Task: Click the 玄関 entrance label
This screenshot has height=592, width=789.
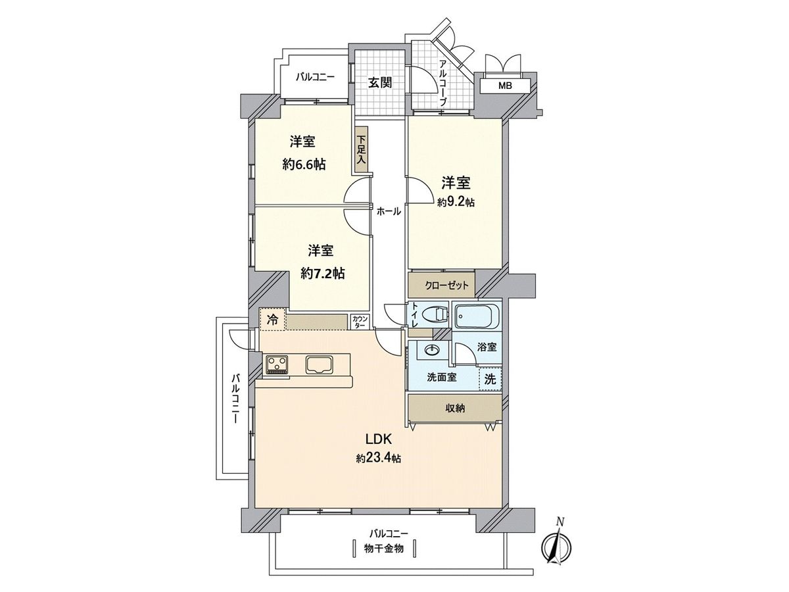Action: (380, 83)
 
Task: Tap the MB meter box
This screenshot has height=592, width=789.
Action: (504, 86)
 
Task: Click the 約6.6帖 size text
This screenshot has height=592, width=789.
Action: (304, 164)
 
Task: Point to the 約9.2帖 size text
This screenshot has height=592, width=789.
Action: (456, 202)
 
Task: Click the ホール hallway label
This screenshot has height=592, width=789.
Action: (389, 211)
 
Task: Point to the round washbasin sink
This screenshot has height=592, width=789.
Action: (432, 350)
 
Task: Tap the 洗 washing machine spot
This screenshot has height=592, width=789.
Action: (490, 379)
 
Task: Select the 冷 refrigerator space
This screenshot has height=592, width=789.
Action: (272, 320)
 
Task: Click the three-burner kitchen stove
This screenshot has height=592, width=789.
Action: (277, 364)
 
